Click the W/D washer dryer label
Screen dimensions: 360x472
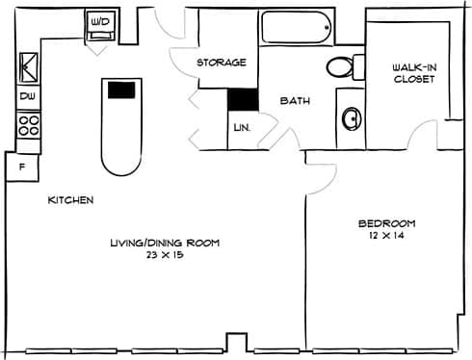click(100, 20)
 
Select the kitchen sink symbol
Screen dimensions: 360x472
click(26, 68)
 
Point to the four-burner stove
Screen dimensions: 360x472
click(27, 125)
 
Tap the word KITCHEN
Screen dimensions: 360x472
click(71, 200)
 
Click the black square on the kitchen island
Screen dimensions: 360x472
click(120, 90)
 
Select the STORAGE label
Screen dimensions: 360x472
click(221, 63)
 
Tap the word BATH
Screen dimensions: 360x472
click(293, 100)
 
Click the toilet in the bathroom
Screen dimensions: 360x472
click(342, 67)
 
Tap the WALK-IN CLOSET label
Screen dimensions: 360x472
click(414, 73)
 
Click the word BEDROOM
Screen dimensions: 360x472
click(384, 222)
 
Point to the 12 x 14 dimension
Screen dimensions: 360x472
click(384, 235)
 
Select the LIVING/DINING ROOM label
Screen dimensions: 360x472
click(165, 244)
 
